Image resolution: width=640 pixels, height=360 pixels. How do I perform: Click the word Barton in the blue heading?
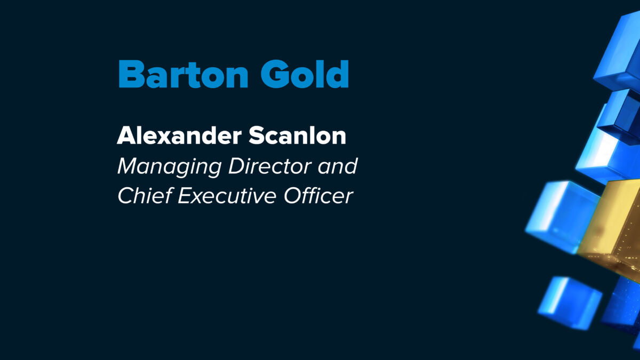(183, 74)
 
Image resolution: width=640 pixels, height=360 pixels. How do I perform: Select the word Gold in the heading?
(305, 74)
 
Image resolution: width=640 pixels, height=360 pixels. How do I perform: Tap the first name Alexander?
(179, 135)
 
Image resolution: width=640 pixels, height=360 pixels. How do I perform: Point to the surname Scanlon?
(298, 135)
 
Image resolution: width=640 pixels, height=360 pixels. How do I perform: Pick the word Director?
(270, 166)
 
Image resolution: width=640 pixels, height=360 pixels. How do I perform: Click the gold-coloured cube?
(611, 229)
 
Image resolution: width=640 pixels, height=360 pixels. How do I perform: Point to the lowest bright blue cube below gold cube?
(570, 303)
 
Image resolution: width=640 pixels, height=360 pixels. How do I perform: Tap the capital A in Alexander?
(127, 135)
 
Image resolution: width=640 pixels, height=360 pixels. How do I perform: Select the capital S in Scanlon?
(256, 135)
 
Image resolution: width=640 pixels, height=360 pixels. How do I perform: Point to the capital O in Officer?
(292, 196)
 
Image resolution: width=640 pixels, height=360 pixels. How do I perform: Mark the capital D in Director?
(237, 166)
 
